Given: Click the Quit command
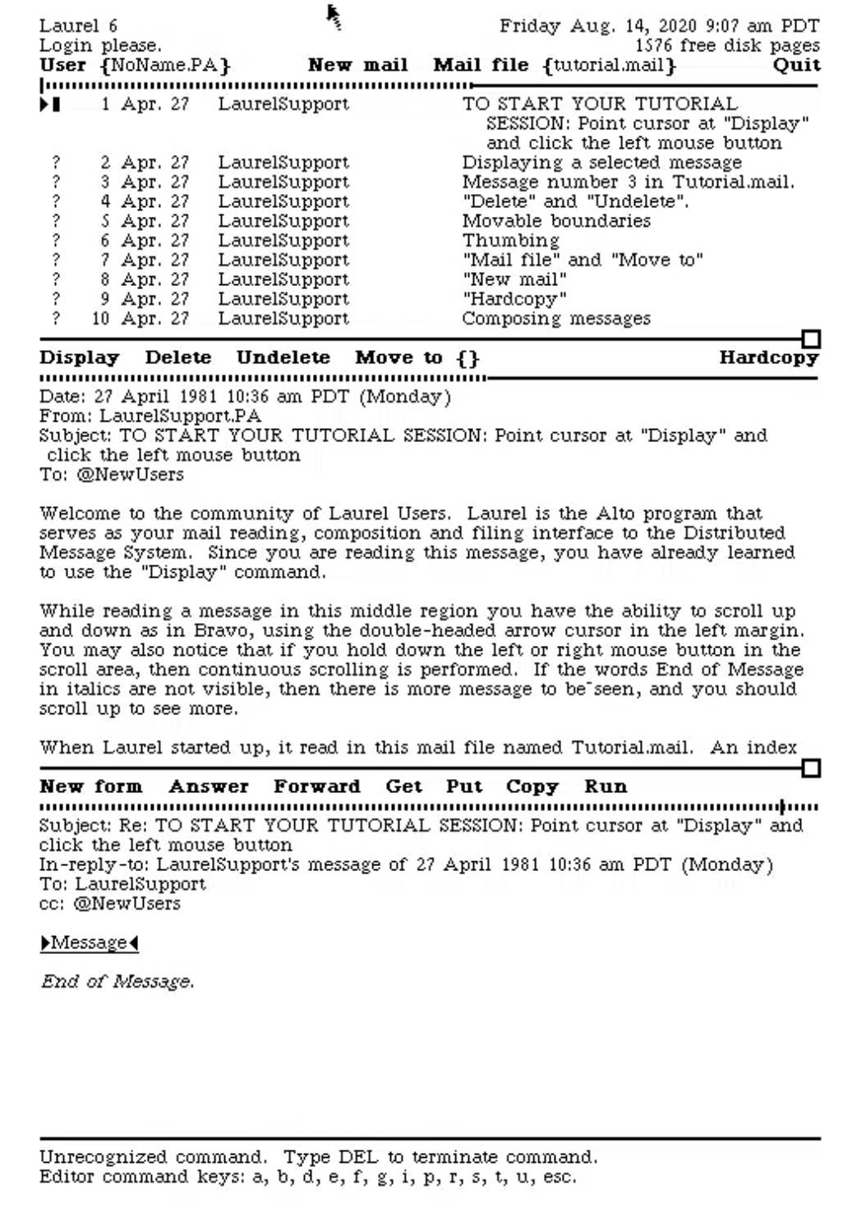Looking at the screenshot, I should click(795, 65).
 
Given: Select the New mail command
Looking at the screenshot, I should click(357, 65).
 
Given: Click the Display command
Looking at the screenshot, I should click(80, 357).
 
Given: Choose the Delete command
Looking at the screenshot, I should click(177, 357).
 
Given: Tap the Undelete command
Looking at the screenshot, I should click(283, 357).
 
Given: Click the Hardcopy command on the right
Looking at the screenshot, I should click(768, 357).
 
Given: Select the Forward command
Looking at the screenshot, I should click(316, 786).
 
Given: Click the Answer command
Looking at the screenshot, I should click(208, 786).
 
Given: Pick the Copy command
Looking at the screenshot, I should click(532, 786).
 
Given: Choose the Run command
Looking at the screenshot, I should click(605, 786).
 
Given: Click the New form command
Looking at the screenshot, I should click(90, 786).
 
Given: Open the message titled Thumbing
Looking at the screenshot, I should click(510, 241).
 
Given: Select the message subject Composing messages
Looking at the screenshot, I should click(555, 319).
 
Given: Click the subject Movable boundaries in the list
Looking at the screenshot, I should click(555, 221).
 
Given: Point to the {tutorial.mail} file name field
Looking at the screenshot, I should click(609, 65).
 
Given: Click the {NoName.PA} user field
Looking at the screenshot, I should click(164, 65).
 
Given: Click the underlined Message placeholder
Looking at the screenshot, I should click(89, 943).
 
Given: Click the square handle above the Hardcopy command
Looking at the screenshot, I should click(811, 339).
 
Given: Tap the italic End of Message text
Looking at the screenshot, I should click(117, 981).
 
